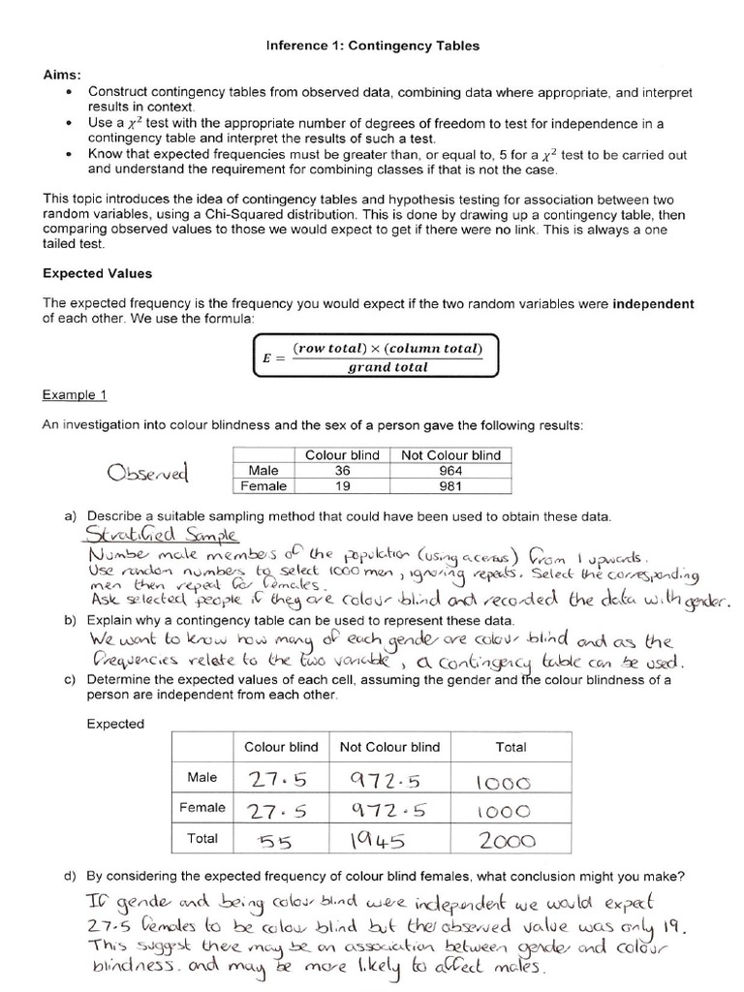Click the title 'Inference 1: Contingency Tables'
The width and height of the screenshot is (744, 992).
point(373,46)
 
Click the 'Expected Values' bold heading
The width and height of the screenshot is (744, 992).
point(97,274)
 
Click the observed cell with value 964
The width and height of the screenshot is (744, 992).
point(445,471)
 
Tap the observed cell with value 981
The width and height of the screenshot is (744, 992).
point(445,486)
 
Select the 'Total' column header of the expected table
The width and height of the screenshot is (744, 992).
point(511,747)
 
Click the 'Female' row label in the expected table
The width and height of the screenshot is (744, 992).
point(201,806)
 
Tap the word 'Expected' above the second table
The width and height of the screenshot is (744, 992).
point(115,724)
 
